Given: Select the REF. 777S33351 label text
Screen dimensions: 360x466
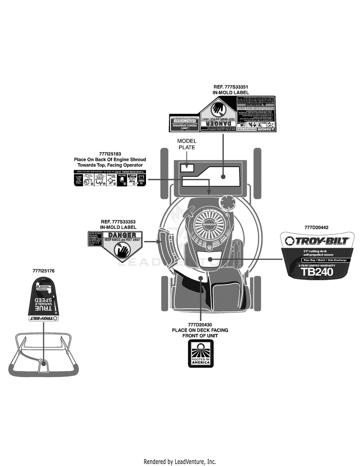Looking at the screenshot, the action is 224,87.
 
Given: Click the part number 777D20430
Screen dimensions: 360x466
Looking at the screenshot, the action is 200,324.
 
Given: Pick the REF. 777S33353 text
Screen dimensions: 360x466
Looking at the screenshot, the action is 118,221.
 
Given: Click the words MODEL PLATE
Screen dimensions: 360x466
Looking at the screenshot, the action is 187,144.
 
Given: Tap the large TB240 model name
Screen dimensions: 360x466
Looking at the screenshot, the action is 317,271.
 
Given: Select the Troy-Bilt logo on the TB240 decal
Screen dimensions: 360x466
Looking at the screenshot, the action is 316,241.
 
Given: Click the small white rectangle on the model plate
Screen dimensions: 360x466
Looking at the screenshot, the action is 187,168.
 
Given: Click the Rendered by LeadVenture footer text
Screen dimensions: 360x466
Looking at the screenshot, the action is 180,461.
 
